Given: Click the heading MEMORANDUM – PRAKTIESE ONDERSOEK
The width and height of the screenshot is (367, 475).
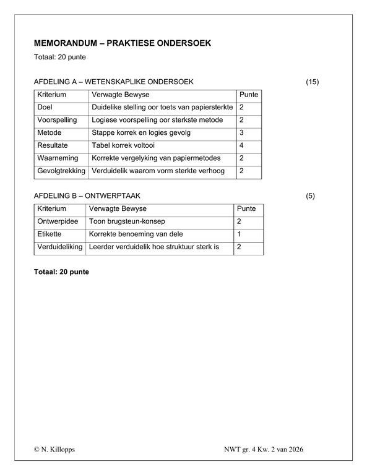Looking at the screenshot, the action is click(122, 43).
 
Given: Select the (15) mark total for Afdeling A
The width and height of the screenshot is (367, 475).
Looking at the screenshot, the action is click(313, 82).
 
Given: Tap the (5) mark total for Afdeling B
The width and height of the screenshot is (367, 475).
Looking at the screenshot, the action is click(311, 196).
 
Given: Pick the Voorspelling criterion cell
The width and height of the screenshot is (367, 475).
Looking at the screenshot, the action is click(57, 120).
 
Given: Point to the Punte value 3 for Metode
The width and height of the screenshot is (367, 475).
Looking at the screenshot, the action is click(241, 132).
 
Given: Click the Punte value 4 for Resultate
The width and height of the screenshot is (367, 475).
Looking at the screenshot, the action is click(241, 145).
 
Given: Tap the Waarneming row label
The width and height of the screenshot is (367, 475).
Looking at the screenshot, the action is click(58, 158).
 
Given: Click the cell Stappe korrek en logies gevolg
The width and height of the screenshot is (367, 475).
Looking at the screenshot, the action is click(140, 132).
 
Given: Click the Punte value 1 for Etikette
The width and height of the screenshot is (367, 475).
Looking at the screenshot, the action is click(239, 234).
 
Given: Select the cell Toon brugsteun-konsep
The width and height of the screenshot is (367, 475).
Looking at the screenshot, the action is click(127, 221).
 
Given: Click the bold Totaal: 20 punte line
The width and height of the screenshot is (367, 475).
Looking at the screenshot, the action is click(62, 272).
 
